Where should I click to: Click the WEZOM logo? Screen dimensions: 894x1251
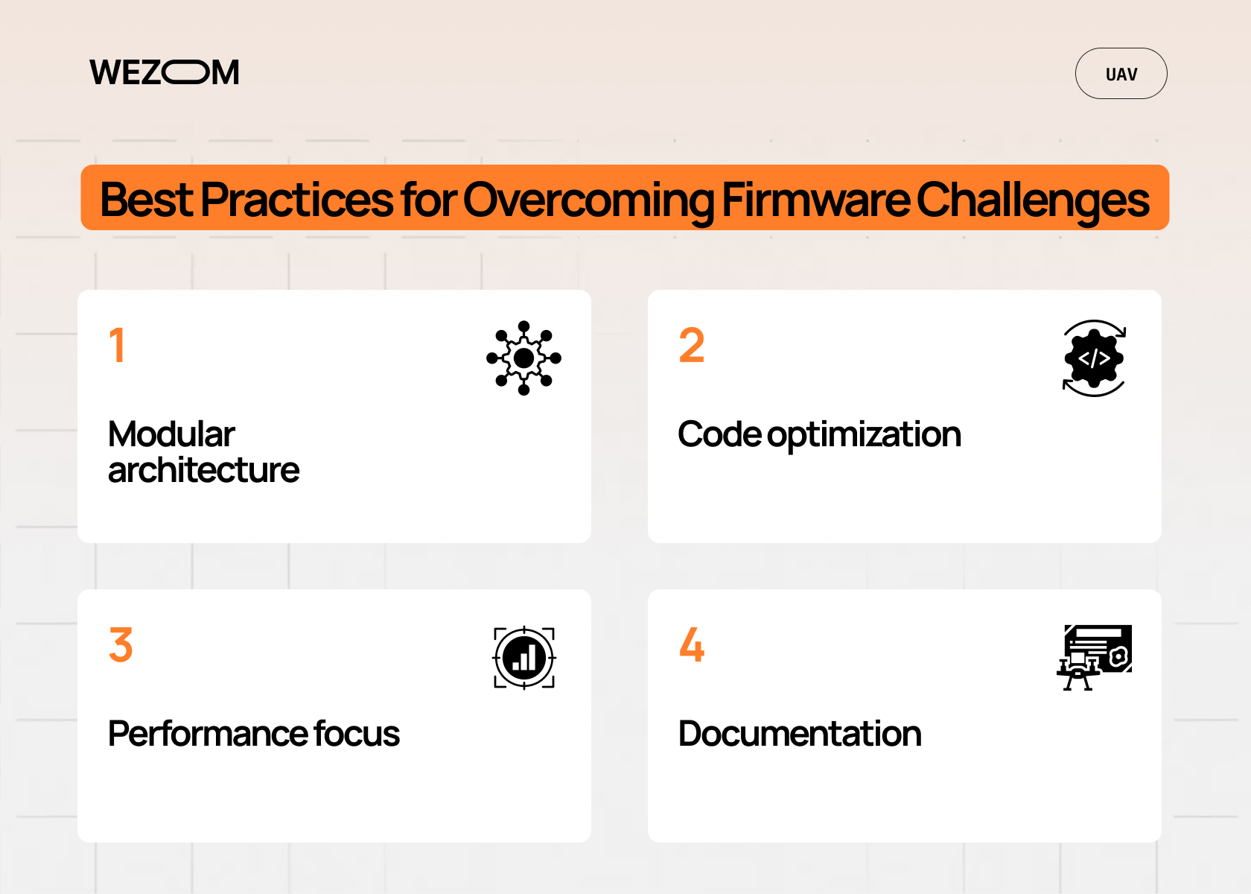(164, 72)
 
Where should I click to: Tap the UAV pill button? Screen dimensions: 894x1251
(1121, 74)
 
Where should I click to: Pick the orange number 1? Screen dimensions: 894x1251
(117, 346)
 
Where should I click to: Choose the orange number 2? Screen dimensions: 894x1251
(691, 346)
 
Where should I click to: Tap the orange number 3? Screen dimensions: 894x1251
(121, 645)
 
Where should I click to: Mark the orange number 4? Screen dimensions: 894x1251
(691, 645)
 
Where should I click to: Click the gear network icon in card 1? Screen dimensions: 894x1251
(523, 358)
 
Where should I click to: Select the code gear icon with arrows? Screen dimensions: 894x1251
(1094, 358)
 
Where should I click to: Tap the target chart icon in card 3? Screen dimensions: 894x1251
(524, 658)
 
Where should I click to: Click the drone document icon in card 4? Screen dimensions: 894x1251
(1095, 657)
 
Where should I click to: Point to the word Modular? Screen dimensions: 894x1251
(171, 434)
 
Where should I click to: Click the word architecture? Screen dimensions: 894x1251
(203, 470)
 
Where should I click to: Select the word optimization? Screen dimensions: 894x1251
(864, 435)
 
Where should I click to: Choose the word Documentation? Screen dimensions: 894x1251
(800, 734)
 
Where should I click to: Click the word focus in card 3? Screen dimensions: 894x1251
(357, 734)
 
